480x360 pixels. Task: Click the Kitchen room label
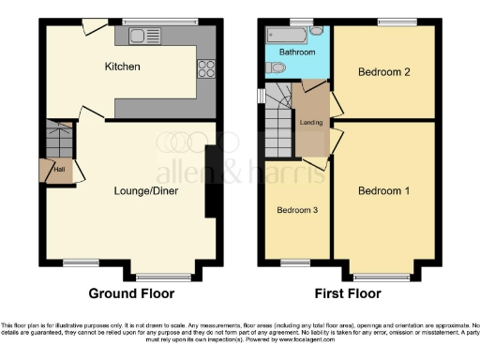[x=122, y=67]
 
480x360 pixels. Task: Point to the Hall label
[x=58, y=170]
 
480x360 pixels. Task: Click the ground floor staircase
[x=59, y=140]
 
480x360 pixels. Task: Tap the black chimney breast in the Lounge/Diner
[x=214, y=178]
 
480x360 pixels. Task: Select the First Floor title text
[x=349, y=293]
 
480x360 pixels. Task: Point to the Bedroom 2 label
[x=384, y=71]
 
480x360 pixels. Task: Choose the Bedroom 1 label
[x=384, y=191]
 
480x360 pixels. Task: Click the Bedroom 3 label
[x=296, y=211]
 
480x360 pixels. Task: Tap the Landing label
[x=311, y=122]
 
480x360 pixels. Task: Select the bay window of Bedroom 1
[x=382, y=277]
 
